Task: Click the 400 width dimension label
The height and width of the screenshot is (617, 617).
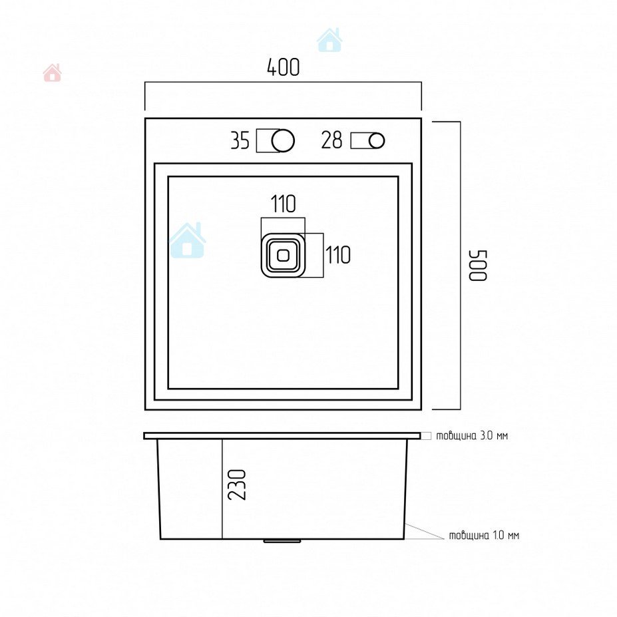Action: (x=284, y=67)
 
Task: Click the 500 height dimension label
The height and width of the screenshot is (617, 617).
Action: (x=478, y=266)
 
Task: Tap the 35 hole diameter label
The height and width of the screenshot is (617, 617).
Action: (x=240, y=140)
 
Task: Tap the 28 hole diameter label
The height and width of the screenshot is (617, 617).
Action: (x=331, y=140)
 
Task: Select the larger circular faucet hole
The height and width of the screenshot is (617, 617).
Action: (x=283, y=140)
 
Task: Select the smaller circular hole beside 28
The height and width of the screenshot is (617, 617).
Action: (x=377, y=141)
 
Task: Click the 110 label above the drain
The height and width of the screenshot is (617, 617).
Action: (x=284, y=204)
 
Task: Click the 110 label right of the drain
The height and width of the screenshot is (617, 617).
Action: (x=337, y=255)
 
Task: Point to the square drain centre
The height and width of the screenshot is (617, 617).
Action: (x=283, y=256)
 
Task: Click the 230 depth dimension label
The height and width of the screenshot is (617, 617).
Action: (x=237, y=485)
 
